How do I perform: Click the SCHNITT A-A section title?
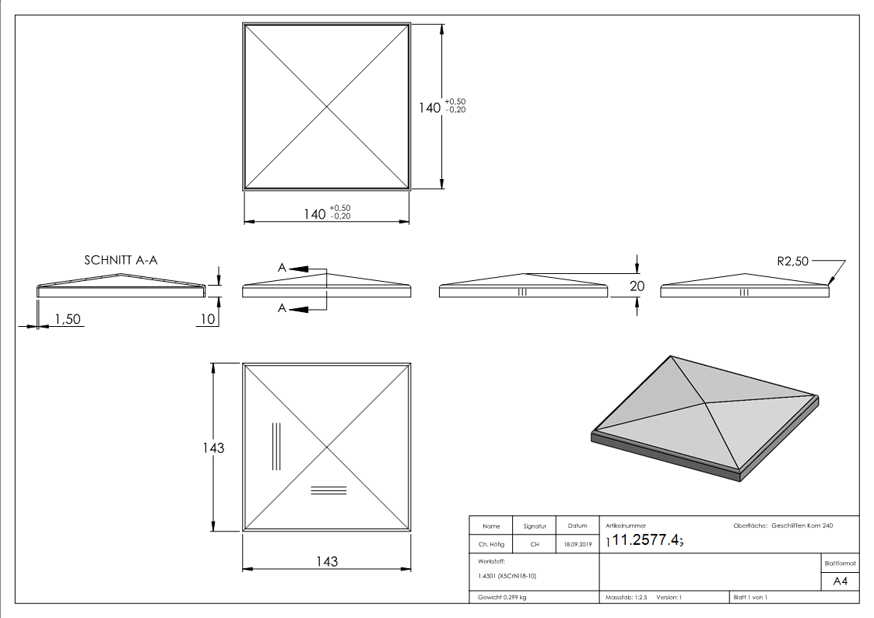[x=121, y=260]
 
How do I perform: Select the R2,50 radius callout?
[x=793, y=262]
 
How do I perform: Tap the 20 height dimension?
[x=637, y=286]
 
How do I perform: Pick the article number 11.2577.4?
[x=647, y=540]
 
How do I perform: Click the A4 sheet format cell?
[x=840, y=581]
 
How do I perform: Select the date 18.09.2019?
[x=577, y=545]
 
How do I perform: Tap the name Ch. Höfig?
[x=491, y=545]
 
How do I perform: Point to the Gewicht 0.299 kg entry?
[x=503, y=597]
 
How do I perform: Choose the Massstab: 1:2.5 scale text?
[x=627, y=597]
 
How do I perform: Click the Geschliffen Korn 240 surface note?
[x=802, y=526]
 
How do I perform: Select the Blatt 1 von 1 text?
[x=750, y=597]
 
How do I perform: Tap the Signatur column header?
[x=535, y=526]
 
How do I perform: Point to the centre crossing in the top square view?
[x=328, y=107]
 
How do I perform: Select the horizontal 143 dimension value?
[x=328, y=561]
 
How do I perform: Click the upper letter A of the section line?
[x=283, y=267]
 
